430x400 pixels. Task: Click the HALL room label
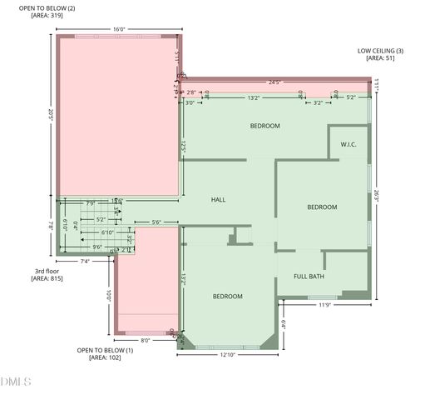[218, 200]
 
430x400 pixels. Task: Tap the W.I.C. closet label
[348, 144]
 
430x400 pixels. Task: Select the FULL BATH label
[309, 276]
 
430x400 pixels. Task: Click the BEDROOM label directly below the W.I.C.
[322, 207]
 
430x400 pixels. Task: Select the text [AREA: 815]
[47, 277]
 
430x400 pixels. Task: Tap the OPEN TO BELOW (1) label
[105, 350]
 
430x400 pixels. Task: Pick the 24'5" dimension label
[274, 82]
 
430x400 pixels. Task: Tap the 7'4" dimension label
[84, 262]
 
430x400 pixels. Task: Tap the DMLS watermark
[16, 382]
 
